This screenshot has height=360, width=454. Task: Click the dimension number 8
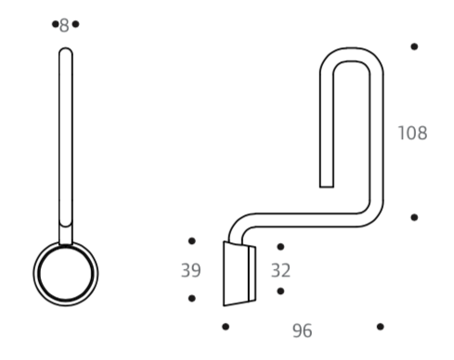[x=64, y=25]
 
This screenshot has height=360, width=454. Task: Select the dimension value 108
[x=412, y=133]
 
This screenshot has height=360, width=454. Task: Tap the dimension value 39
[x=190, y=270]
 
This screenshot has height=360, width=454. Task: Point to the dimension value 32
[x=280, y=270]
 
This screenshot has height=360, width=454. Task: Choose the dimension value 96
[x=302, y=330]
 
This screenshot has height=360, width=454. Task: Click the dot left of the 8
[x=56, y=24]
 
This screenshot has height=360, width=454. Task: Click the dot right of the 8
[x=75, y=24]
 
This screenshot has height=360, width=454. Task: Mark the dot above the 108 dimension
[x=414, y=46]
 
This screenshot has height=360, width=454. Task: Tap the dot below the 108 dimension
[x=414, y=217]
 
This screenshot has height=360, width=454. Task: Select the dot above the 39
[x=192, y=241]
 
